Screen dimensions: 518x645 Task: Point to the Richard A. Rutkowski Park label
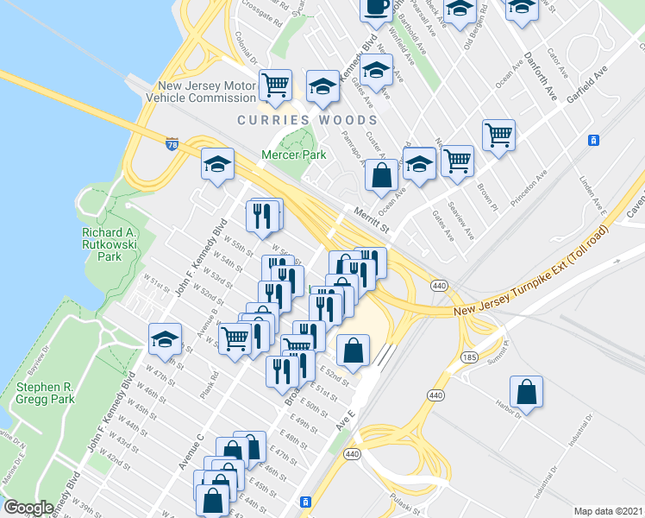pyautogui.click(x=114, y=244)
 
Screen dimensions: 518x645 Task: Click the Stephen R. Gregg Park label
pyautogui.click(x=45, y=393)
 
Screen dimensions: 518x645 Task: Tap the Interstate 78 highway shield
pyautogui.click(x=172, y=144)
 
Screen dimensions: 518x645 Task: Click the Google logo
pyautogui.click(x=28, y=507)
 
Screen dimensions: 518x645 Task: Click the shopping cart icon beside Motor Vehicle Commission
pyautogui.click(x=275, y=85)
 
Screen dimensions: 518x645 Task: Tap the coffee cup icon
pyautogui.click(x=375, y=6)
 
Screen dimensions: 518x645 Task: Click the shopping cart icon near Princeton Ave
pyautogui.click(x=498, y=135)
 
